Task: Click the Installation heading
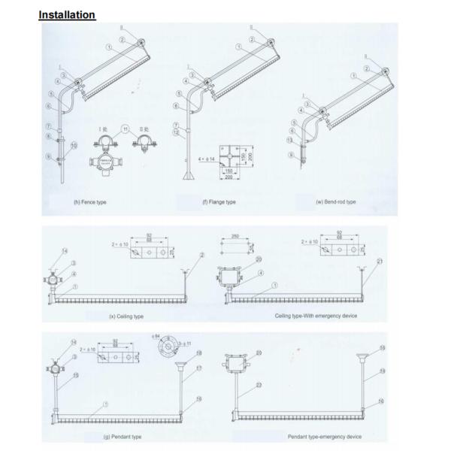pos(67,14)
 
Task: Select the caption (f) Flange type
pos(218,202)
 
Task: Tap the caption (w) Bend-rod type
pos(337,202)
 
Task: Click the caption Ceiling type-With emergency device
pos(316,316)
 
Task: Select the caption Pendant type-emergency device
pos(324,437)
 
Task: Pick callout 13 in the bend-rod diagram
pos(290,140)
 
